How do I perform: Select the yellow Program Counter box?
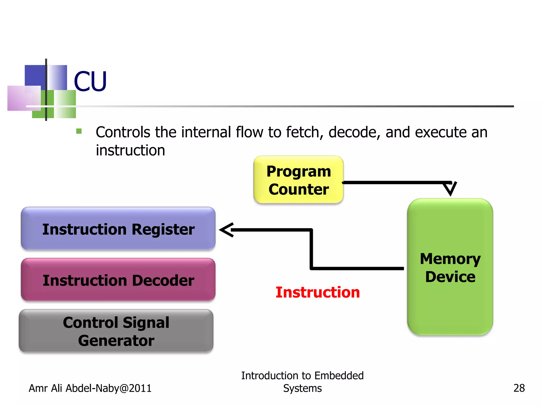click(298, 180)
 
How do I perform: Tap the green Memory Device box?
click(450, 267)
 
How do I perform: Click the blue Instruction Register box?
click(118, 229)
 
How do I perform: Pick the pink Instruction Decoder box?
click(118, 280)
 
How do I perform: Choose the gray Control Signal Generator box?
click(116, 331)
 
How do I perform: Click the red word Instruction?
click(318, 292)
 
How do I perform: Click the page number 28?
click(519, 388)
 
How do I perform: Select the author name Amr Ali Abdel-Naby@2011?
click(90, 388)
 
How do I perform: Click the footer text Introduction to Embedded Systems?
click(302, 382)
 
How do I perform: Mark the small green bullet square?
click(79, 131)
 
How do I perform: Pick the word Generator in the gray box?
click(116, 340)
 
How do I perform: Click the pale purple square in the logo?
click(20, 98)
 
